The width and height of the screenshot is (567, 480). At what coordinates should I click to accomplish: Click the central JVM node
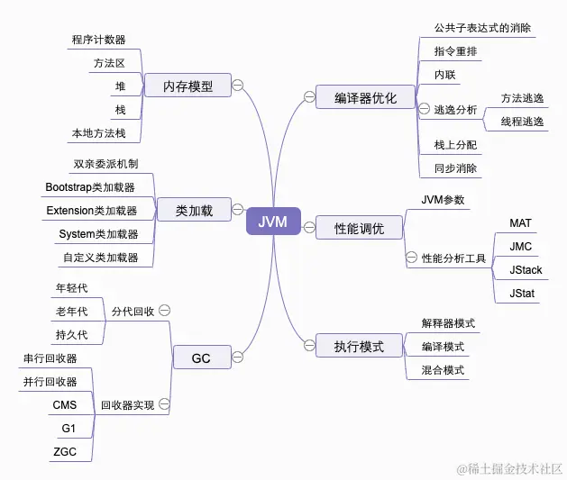click(x=273, y=222)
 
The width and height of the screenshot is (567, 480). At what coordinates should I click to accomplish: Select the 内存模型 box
click(x=187, y=86)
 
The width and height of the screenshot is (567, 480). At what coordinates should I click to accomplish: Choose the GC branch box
click(x=201, y=358)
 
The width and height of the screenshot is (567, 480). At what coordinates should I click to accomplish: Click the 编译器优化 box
click(x=364, y=97)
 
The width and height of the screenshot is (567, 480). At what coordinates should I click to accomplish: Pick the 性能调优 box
click(x=359, y=229)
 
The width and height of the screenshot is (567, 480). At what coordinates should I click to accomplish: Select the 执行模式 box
click(x=359, y=346)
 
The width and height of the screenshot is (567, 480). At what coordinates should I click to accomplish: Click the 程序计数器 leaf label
click(x=98, y=40)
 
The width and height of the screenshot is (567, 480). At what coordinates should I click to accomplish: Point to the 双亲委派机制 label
click(x=105, y=164)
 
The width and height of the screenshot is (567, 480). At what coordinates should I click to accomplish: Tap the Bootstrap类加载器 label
click(x=90, y=187)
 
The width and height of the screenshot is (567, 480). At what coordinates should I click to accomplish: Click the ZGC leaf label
click(x=65, y=450)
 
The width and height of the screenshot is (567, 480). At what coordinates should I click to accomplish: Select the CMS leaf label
click(x=65, y=405)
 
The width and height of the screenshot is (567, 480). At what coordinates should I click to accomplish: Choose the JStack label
click(x=526, y=269)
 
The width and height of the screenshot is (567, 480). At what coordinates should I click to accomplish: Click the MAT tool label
click(x=521, y=222)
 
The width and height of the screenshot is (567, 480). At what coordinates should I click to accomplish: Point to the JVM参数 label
click(x=443, y=199)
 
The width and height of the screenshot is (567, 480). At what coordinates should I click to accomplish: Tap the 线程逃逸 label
click(x=523, y=121)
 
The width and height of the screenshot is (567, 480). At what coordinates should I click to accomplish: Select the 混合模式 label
click(x=444, y=369)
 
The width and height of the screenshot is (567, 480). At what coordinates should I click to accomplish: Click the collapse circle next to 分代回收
click(x=164, y=310)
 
